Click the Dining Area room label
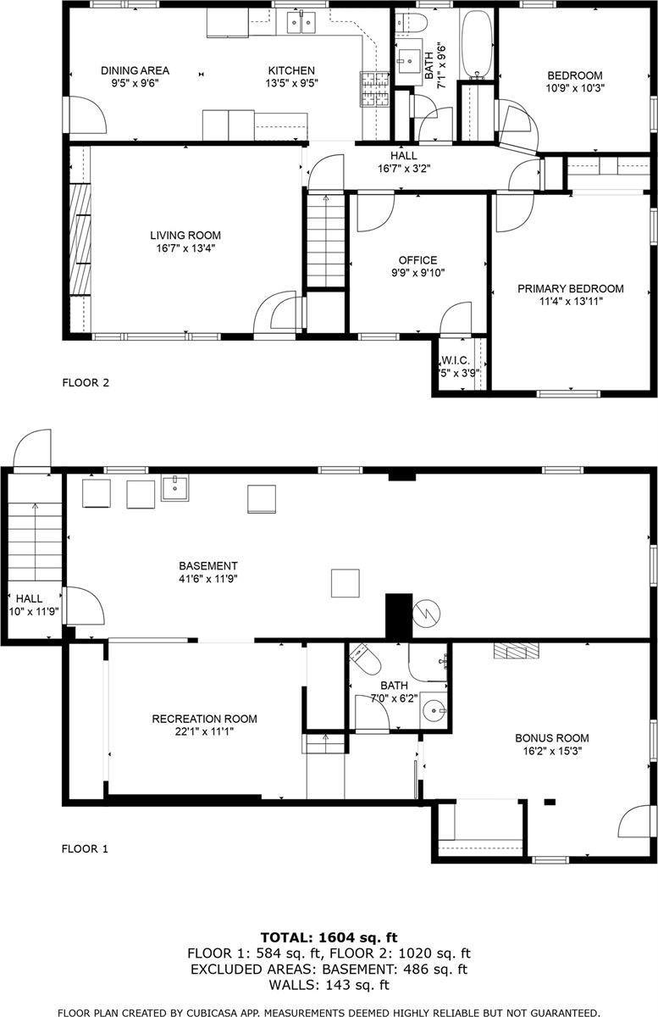click(135, 70)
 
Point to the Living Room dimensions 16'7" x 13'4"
click(185, 248)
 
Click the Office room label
click(417, 260)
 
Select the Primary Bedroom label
click(570, 289)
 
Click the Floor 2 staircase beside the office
click(325, 242)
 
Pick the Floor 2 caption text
click(86, 382)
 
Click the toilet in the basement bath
click(362, 659)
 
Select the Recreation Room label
click(204, 719)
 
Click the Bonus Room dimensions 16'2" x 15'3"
click(551, 750)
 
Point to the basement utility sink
click(175, 487)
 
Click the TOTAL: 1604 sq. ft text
click(329, 938)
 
